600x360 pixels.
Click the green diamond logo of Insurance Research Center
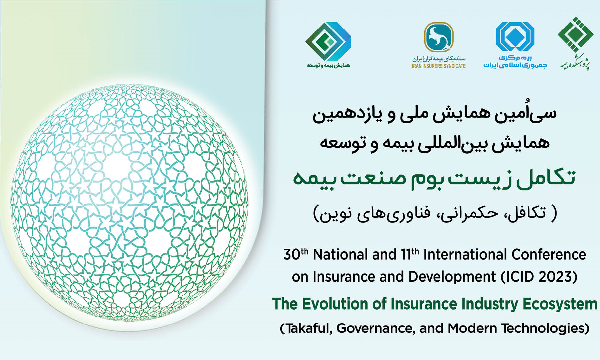(x=575, y=35)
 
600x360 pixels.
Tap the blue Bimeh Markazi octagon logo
(x=515, y=36)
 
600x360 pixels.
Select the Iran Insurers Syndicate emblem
(x=439, y=37)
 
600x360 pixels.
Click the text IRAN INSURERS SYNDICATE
(x=439, y=66)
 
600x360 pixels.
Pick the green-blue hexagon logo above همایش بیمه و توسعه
(x=328, y=42)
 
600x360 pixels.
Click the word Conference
(x=549, y=255)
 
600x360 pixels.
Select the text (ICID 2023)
(x=539, y=277)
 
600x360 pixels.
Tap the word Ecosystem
(x=560, y=304)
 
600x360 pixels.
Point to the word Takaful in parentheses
(x=306, y=328)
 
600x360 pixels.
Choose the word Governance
(x=376, y=328)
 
